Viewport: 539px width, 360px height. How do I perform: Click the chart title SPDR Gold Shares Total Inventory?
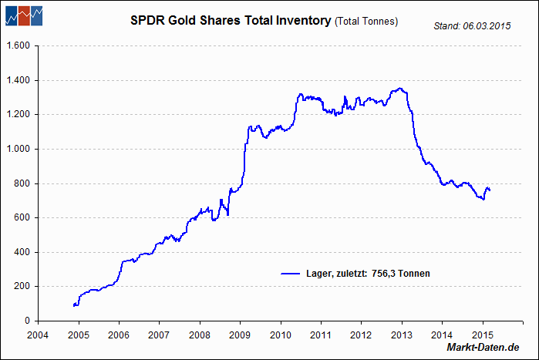click(231, 21)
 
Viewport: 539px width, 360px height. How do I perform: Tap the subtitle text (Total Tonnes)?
click(366, 22)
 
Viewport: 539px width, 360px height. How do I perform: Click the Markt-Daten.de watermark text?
click(483, 349)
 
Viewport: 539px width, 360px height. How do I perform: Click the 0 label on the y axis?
click(27, 321)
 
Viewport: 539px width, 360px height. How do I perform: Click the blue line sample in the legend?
click(290, 274)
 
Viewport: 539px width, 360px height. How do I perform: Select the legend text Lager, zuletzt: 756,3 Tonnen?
click(366, 274)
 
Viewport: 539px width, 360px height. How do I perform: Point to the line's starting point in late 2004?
click(73, 305)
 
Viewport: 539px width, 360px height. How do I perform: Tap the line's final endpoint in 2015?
click(490, 190)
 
